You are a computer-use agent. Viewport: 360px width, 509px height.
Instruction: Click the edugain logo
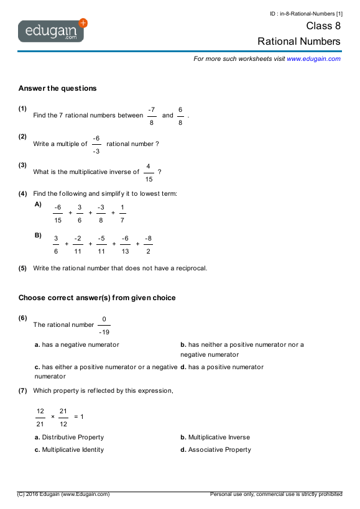pos(52,30)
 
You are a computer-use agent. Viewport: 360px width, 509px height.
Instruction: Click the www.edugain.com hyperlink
pos(313,58)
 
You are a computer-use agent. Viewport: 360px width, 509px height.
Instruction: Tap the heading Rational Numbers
pos(299,42)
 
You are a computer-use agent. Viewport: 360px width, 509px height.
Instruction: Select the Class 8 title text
pos(323,26)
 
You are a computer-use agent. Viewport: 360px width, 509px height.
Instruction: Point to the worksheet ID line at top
pos(307,13)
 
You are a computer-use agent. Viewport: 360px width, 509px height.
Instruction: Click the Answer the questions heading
pos(58,88)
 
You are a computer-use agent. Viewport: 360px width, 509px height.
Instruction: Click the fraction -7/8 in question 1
pos(152,116)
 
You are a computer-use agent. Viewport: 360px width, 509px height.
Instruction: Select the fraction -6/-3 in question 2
pos(96,144)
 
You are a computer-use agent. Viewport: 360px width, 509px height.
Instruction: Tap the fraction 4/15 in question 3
pos(148,172)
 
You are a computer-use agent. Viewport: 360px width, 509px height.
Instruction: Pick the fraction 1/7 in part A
pos(122,213)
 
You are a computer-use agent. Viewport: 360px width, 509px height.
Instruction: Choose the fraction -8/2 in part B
pos(148,245)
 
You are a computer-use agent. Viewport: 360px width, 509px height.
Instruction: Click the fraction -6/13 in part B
pos(125,245)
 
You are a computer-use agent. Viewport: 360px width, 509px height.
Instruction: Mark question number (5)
pos(23,268)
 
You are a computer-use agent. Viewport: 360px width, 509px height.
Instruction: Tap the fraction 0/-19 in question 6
pos(104,325)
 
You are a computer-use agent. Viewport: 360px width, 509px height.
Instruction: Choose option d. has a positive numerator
pos(222,367)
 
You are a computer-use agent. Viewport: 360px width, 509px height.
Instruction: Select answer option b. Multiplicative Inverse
pos(215,437)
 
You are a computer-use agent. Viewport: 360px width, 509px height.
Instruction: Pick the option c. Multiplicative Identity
pos(70,449)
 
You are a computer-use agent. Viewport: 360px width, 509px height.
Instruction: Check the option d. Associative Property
pos(216,449)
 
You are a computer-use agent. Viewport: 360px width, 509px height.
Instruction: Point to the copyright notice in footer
pos(63,494)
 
